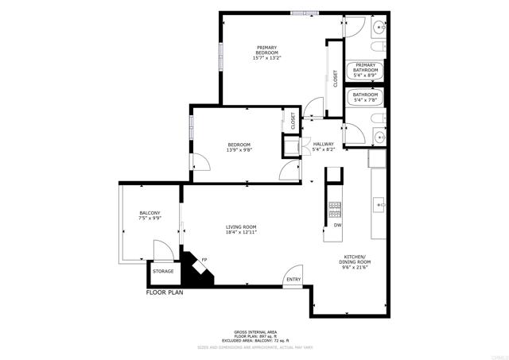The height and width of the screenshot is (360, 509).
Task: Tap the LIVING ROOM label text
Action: [x=239, y=226]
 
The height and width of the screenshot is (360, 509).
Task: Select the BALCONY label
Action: [x=150, y=213]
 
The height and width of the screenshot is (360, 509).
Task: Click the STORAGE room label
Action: [x=163, y=272]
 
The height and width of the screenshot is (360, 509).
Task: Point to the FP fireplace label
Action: [x=204, y=261]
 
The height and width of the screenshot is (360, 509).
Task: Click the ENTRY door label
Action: [x=293, y=279]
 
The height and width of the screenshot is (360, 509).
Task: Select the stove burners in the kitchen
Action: [x=335, y=209]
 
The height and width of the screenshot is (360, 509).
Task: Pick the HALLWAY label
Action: [x=323, y=144]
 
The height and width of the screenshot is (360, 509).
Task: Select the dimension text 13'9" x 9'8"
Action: [x=239, y=150]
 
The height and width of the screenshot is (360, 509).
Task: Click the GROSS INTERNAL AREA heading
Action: [x=254, y=331]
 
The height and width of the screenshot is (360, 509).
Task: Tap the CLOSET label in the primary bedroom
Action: [x=336, y=78]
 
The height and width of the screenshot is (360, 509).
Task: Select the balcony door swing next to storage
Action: [x=162, y=255]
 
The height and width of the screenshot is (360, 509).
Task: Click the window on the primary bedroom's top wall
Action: [x=301, y=13]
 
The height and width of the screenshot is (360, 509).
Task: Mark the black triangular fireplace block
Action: [x=195, y=273]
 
